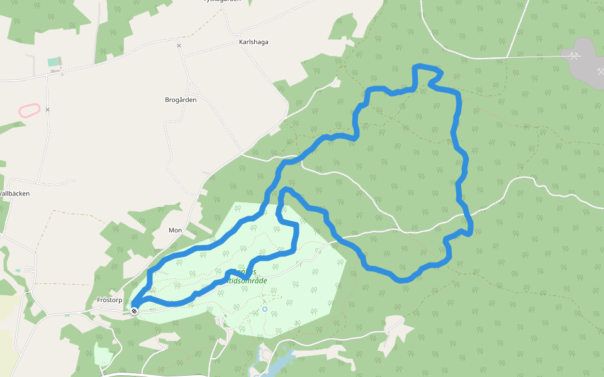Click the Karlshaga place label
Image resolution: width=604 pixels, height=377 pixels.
254,42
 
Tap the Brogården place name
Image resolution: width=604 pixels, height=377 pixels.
181,100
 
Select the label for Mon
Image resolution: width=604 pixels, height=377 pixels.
175,231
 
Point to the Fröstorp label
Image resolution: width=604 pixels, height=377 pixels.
109,300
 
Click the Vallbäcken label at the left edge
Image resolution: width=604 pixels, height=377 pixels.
14,194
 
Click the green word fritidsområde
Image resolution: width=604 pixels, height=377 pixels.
242,281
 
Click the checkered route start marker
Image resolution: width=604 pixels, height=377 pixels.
134,310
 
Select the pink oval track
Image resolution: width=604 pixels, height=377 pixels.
30,111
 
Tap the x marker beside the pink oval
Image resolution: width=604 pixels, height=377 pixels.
47,110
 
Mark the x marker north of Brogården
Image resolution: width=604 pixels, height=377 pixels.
179,46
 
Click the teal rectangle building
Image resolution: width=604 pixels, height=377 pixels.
52,62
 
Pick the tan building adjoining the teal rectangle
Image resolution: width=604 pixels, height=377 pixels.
60,62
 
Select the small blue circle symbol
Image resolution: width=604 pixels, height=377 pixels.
265,309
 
